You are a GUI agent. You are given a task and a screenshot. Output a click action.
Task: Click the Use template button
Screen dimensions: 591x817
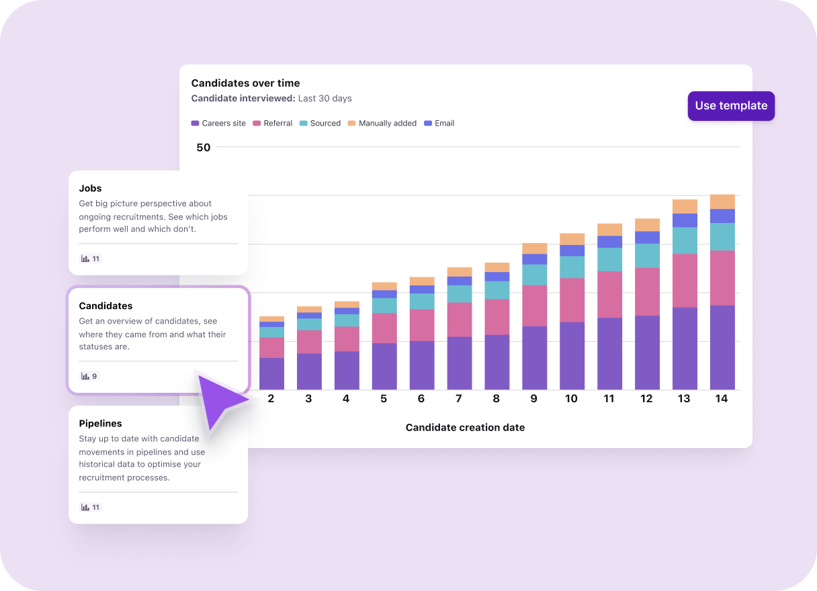coord(731,106)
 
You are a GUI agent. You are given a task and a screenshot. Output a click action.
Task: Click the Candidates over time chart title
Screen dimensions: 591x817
coord(245,83)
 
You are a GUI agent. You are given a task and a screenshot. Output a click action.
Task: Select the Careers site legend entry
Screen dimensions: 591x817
coord(218,124)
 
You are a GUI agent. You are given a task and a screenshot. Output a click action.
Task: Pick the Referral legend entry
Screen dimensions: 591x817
coord(272,124)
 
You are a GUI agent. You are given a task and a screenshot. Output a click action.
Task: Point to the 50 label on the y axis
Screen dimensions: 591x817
coord(203,148)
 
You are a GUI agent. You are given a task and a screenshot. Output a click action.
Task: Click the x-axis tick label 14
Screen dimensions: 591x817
coord(721,399)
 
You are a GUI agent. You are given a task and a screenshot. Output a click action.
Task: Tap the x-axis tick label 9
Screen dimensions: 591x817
coord(533,399)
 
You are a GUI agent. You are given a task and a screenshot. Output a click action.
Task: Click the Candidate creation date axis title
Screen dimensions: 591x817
coord(465,428)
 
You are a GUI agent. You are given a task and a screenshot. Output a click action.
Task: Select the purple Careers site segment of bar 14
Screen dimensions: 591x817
coord(722,347)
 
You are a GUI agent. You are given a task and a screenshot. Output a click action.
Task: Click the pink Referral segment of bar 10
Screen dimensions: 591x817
coord(572,300)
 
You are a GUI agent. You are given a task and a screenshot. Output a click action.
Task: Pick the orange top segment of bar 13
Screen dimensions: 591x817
coord(685,206)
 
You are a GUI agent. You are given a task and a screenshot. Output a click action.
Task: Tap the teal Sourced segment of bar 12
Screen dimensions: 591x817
coord(647,256)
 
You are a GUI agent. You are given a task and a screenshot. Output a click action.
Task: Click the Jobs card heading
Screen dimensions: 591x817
coord(91,189)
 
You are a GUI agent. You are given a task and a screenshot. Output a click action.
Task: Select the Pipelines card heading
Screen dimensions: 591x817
coord(100,424)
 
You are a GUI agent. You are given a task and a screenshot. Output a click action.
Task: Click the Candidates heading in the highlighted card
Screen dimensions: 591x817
coord(105,306)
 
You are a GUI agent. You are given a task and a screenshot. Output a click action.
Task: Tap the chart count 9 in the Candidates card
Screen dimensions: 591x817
coord(89,377)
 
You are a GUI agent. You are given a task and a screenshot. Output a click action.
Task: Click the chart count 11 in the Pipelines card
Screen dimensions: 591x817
coord(91,508)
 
